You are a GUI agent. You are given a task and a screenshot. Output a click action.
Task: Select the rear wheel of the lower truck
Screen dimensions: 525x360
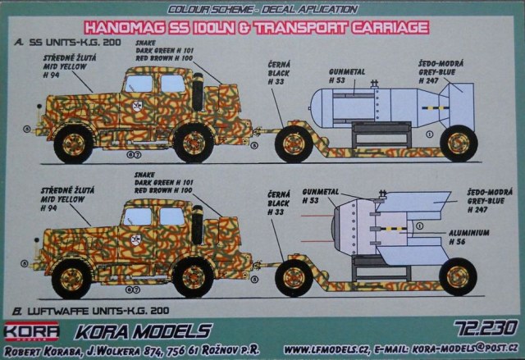[194, 277]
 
